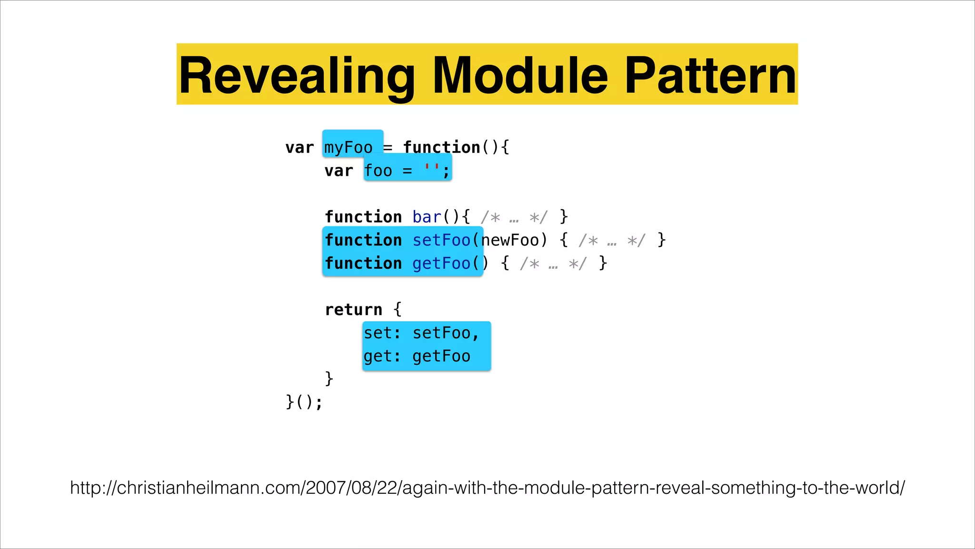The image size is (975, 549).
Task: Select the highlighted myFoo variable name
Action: [348, 147]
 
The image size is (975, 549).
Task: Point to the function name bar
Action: [427, 217]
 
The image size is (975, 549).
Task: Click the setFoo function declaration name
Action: [441, 240]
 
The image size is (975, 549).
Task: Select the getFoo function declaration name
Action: [441, 264]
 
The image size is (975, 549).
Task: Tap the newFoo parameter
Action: [510, 240]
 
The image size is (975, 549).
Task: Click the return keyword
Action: [353, 310]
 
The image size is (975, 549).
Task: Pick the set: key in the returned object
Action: [382, 333]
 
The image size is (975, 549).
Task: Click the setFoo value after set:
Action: [441, 333]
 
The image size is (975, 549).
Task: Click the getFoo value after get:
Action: [441, 356]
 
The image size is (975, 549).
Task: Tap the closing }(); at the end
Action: [304, 402]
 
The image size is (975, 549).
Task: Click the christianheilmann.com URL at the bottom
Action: [487, 488]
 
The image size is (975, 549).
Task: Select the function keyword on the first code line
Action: [441, 147]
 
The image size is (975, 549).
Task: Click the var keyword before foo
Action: [338, 171]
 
